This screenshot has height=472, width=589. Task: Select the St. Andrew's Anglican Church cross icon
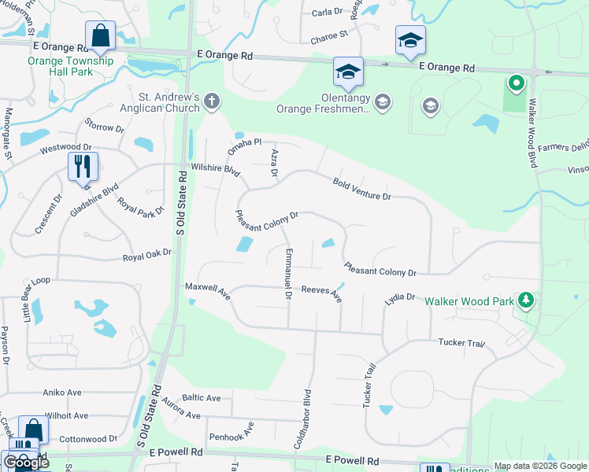coord(210,100)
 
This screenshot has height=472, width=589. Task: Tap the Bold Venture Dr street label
coord(361,189)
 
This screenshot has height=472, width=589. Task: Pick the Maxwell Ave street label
coord(207,293)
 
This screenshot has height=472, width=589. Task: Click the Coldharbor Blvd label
coord(303,419)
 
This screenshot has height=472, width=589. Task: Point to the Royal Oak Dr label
coord(147,257)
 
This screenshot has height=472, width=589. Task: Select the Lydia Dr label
coord(399,298)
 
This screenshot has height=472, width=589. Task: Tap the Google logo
coord(26,463)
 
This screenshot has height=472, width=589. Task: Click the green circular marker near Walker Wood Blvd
coord(516,82)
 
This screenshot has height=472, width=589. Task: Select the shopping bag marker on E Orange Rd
coord(100,35)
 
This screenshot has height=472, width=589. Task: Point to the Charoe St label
coord(329,35)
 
